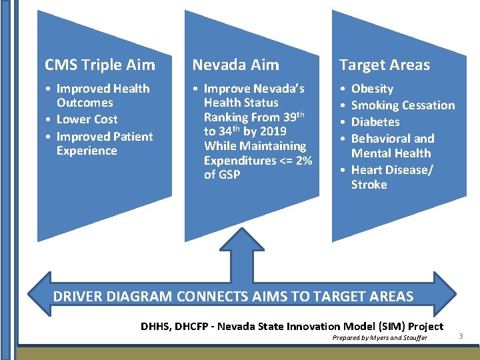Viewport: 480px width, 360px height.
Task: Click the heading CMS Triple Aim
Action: (x=99, y=65)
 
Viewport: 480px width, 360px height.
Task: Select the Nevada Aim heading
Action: (x=235, y=65)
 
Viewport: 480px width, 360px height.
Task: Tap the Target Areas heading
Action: (x=384, y=65)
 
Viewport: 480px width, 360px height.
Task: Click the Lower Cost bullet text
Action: (x=87, y=119)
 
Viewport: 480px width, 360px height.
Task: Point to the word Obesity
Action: (x=372, y=89)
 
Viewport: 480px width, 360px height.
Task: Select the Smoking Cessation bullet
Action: (x=403, y=105)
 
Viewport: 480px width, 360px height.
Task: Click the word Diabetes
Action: (x=375, y=122)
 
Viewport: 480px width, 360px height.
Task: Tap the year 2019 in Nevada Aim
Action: (x=274, y=131)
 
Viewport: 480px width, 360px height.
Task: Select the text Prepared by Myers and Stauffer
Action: (x=379, y=338)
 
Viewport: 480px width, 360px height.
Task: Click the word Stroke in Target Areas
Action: (x=369, y=185)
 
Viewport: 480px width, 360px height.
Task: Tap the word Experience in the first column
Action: (x=87, y=151)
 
